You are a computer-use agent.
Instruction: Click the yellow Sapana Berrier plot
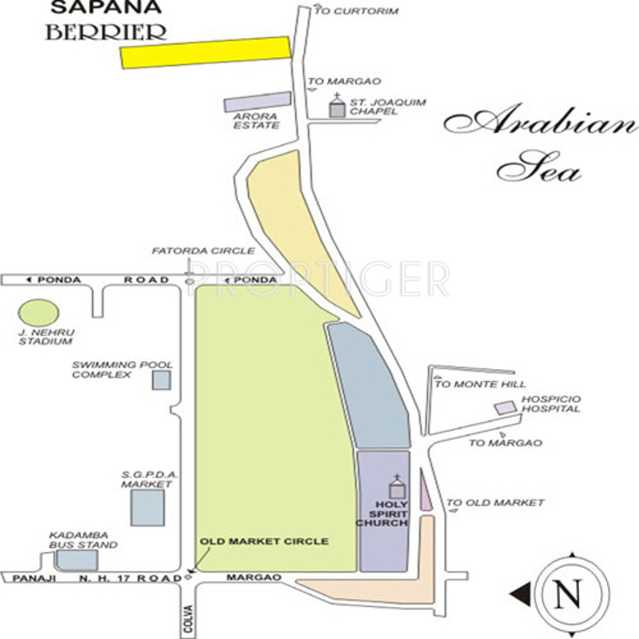205,52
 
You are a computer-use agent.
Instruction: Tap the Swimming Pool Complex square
161,379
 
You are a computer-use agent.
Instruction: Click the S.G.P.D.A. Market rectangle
146,508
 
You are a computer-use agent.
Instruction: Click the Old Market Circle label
265,542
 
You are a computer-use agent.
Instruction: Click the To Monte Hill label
477,384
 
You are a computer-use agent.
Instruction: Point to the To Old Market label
495,503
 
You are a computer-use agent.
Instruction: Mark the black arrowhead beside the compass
518,594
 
